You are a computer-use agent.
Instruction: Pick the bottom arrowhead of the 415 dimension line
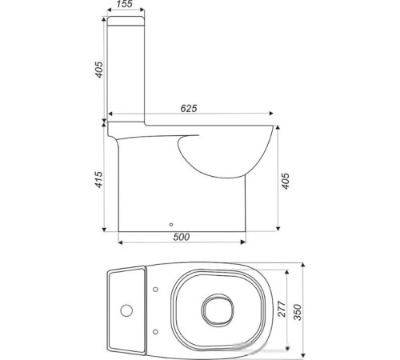coord(104,230)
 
